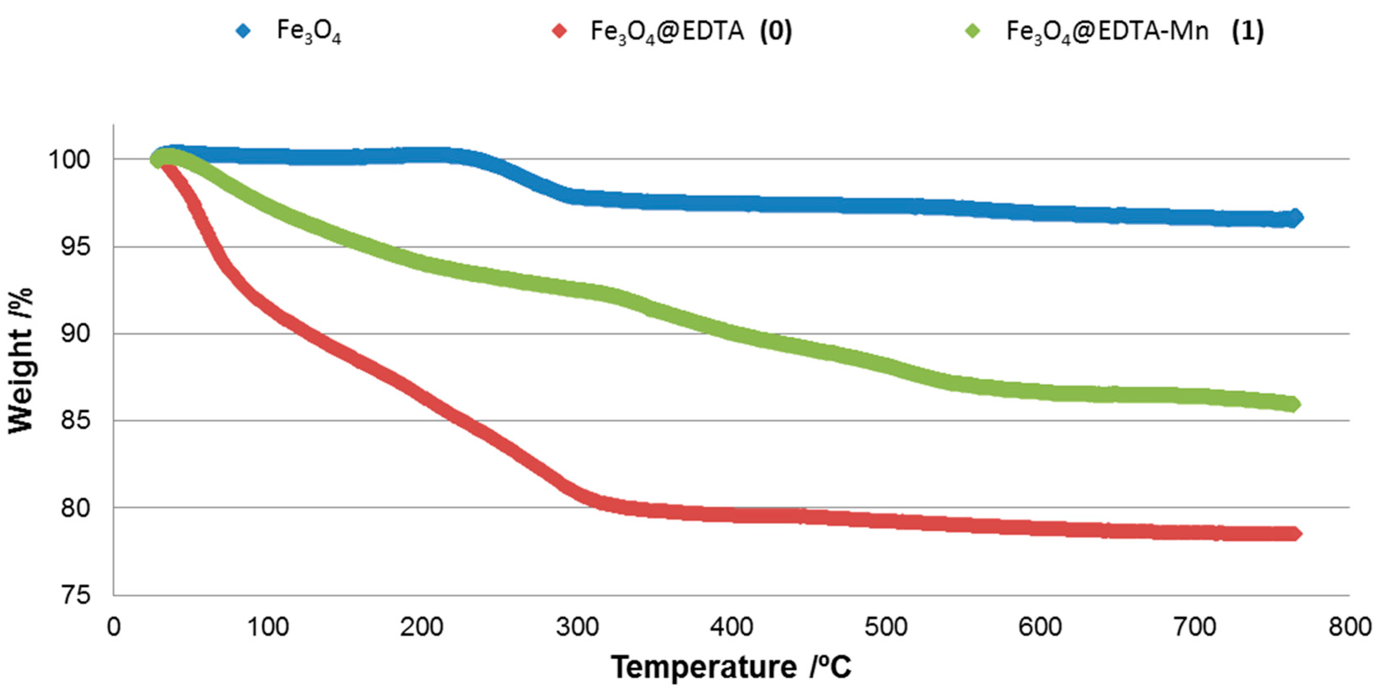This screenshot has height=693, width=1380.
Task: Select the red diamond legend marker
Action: coord(559,31)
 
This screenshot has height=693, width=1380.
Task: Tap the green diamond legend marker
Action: coord(972,31)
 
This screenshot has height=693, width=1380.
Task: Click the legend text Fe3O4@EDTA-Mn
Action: coord(1107,31)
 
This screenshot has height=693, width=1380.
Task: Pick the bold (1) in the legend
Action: coord(1247,31)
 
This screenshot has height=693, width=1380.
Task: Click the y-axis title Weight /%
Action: coord(20,360)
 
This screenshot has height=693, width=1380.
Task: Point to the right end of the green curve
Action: coord(1293,404)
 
